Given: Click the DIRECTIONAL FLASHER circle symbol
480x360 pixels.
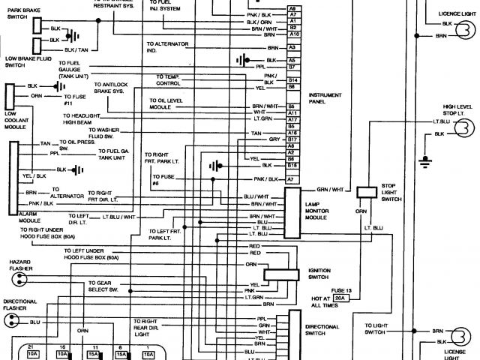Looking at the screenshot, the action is (12, 320).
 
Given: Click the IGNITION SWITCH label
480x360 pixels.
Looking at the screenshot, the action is (319, 274).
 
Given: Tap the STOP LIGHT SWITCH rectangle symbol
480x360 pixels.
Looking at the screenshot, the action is (367, 192).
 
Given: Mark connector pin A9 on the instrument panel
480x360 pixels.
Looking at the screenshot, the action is (292, 8).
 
